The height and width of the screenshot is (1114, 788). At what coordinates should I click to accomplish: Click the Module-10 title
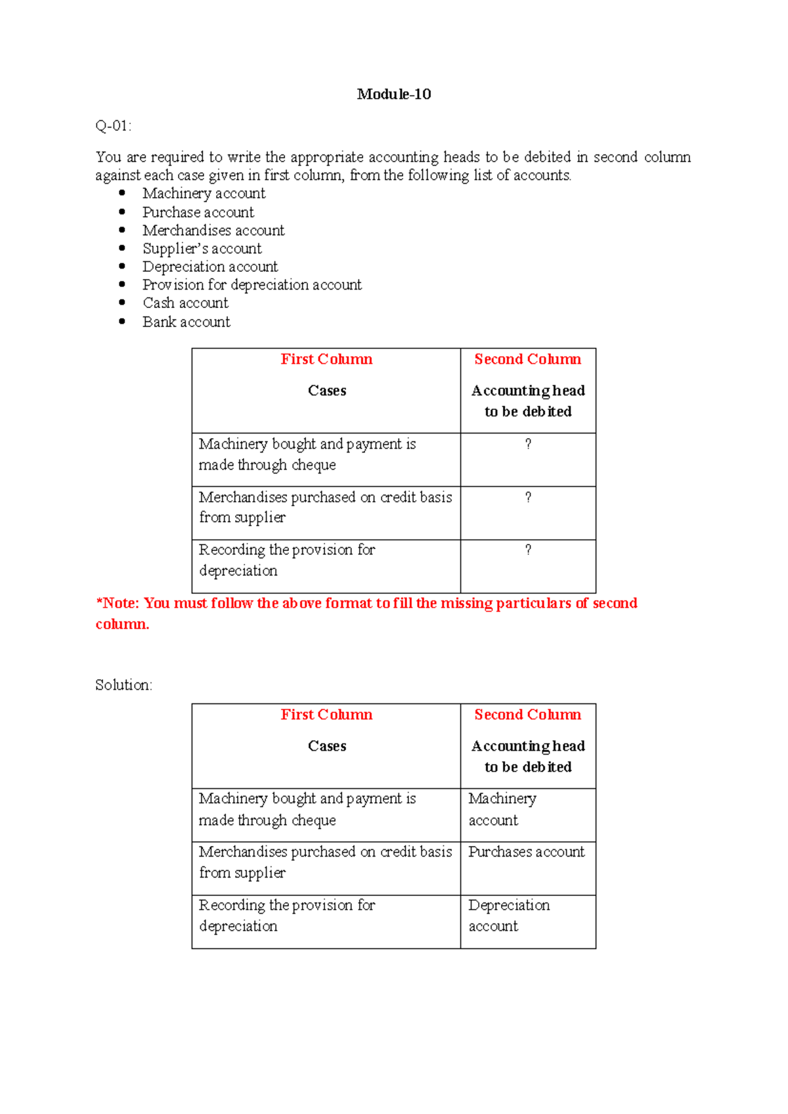(x=394, y=94)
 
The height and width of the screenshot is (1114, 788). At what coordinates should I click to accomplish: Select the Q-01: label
(x=113, y=125)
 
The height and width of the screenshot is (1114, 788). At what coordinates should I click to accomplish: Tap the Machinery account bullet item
(x=204, y=193)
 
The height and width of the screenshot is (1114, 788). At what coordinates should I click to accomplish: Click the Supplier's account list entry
(x=202, y=248)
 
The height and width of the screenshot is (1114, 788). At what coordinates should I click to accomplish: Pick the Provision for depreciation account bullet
(x=252, y=284)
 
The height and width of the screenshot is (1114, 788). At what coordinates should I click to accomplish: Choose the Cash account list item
(x=185, y=303)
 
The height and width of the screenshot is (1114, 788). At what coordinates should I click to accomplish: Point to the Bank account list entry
(x=186, y=322)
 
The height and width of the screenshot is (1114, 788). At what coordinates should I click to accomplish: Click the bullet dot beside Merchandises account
(x=122, y=230)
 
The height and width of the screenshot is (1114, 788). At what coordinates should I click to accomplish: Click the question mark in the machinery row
(x=528, y=444)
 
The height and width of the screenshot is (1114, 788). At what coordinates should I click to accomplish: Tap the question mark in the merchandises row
(x=528, y=497)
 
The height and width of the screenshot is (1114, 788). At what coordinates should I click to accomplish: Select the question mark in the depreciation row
(x=528, y=550)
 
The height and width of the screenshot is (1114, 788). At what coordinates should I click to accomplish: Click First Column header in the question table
(x=326, y=359)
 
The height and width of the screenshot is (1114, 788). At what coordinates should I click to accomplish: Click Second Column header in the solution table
(x=527, y=714)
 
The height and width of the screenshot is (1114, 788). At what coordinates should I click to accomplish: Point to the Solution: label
(x=123, y=684)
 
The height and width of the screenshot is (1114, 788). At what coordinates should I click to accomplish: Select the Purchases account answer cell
(x=526, y=851)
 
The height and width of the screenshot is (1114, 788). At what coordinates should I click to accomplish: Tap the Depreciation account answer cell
(x=508, y=915)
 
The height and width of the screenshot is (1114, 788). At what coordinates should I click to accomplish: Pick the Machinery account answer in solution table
(x=502, y=809)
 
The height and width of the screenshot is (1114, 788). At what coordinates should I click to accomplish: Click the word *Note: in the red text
(x=118, y=603)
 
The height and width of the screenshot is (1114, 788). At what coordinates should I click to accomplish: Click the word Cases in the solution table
(x=327, y=746)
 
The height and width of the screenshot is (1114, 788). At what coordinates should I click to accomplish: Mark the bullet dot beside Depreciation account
(x=122, y=266)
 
